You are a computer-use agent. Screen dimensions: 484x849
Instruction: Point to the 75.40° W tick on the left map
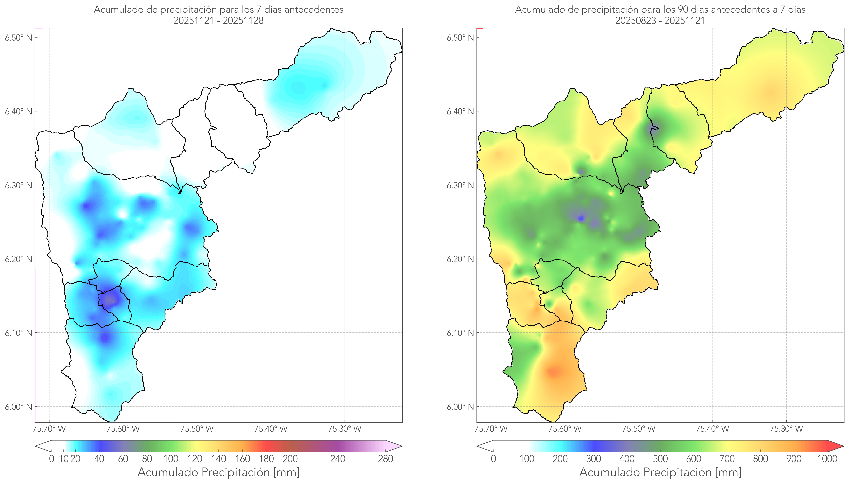pos(271,429)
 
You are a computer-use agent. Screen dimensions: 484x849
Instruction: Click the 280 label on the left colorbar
pos(386,459)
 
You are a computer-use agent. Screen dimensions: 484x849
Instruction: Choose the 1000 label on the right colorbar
pos(827,459)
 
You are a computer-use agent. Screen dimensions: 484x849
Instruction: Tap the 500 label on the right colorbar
pos(660,459)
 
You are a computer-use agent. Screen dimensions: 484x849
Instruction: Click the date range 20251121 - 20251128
pos(218,21)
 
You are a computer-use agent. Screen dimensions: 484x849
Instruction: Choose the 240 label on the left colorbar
pos(338,459)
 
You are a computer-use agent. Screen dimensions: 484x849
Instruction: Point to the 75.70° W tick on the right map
pos(491,429)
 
